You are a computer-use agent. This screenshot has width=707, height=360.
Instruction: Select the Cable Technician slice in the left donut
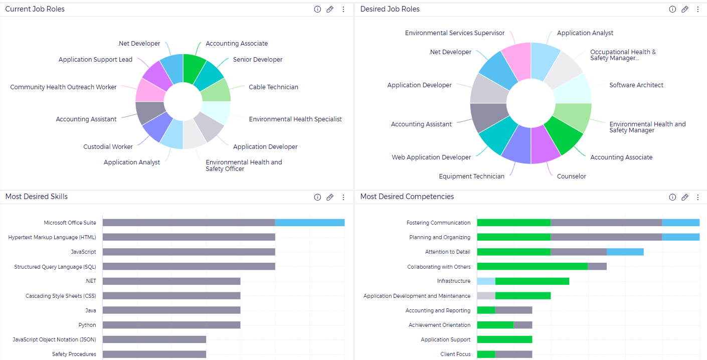click(x=216, y=91)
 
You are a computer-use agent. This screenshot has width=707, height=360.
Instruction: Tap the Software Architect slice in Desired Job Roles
click(x=571, y=89)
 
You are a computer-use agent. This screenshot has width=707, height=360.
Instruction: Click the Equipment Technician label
click(x=471, y=176)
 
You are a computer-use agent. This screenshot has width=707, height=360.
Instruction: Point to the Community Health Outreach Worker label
click(x=63, y=87)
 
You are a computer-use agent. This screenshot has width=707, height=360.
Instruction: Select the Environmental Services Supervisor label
click(x=454, y=33)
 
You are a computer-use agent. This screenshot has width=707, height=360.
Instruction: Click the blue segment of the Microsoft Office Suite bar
click(x=309, y=223)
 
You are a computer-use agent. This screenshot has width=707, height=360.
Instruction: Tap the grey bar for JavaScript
click(x=189, y=252)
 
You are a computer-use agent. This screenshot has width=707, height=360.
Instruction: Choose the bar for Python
click(x=171, y=325)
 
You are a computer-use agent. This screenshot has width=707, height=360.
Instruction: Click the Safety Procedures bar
click(x=154, y=354)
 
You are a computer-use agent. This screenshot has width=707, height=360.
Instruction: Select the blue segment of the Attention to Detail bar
click(x=625, y=252)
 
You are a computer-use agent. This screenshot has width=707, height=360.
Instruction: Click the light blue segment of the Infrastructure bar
click(x=486, y=281)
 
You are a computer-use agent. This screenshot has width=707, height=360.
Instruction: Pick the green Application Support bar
click(x=504, y=339)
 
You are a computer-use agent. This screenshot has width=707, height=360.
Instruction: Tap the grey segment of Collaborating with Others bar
click(x=597, y=267)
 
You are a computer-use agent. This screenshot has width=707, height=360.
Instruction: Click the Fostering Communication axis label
click(x=438, y=223)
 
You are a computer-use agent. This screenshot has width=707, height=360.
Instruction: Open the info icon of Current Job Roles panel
click(x=317, y=9)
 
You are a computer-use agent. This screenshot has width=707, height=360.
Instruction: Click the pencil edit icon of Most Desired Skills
click(x=330, y=197)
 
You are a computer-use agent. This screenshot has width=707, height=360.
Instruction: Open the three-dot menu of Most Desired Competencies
click(x=697, y=197)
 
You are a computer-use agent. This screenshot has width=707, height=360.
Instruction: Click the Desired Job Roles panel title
click(x=390, y=9)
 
